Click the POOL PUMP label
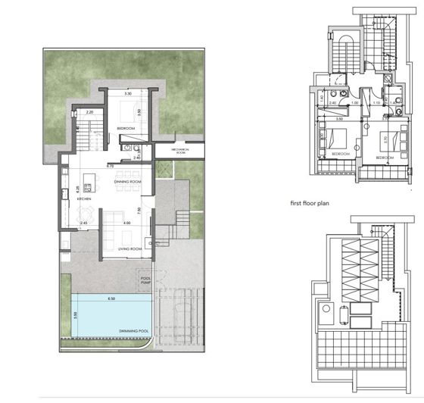click(x=145, y=280)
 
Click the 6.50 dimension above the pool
click(x=113, y=299)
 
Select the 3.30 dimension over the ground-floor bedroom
click(x=128, y=93)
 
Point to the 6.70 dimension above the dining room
click(x=110, y=165)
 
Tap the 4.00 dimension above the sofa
click(x=127, y=223)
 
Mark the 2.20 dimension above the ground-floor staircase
click(x=89, y=112)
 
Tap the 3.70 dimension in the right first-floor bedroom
click(x=385, y=139)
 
